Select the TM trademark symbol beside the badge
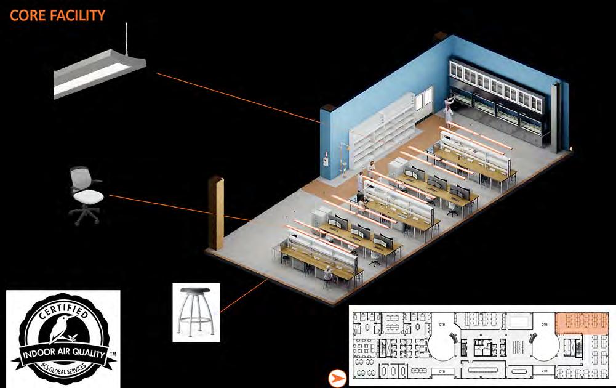pyautogui.click(x=113, y=355)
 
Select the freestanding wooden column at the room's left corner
pyautogui.click(x=215, y=212)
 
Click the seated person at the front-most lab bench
pyautogui.click(x=330, y=275)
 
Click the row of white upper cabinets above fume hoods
pyautogui.click(x=498, y=80)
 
